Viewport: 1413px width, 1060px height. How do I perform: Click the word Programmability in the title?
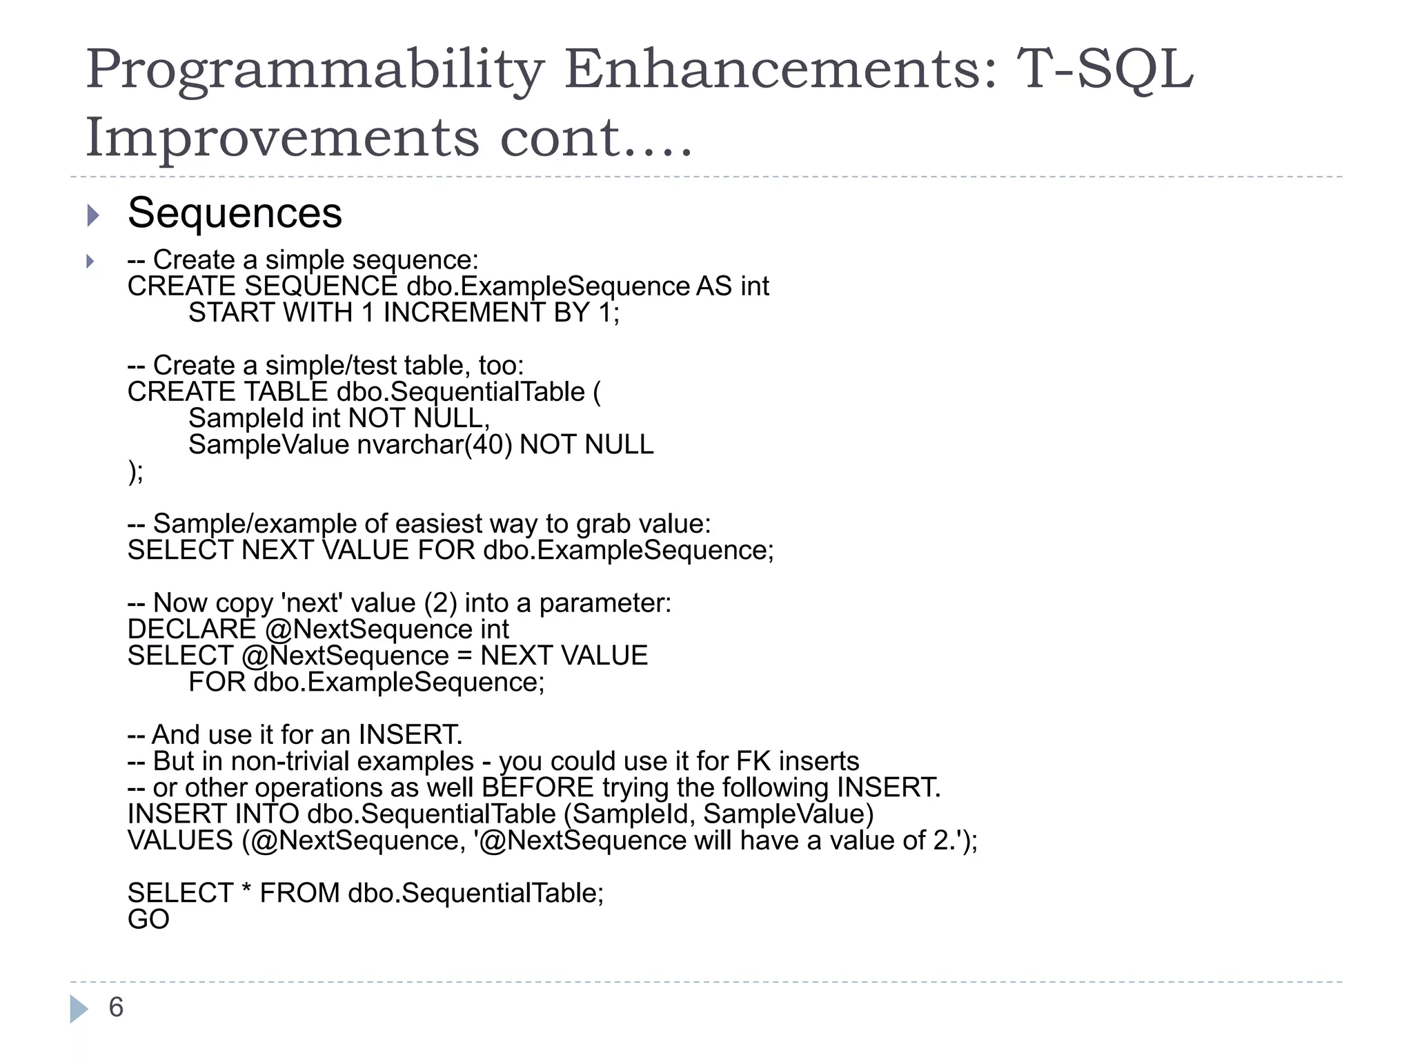pos(315,70)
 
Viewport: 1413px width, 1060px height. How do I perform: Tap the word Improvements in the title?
pos(282,137)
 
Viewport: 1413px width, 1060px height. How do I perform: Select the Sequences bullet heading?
pos(235,213)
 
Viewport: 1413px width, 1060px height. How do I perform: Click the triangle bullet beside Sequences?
pos(94,215)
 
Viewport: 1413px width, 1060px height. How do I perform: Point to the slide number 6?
pos(116,1008)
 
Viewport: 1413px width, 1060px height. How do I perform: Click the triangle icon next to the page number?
pos(79,1009)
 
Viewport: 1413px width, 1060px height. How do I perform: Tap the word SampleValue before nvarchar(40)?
pos(268,445)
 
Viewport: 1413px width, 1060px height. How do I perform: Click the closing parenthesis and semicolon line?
pos(136,472)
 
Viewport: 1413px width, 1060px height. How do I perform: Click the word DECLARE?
pos(192,629)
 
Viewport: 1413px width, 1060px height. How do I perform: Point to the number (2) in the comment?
pos(440,603)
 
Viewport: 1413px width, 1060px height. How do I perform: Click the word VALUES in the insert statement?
pos(180,841)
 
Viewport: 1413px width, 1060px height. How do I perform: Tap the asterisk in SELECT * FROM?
pos(246,892)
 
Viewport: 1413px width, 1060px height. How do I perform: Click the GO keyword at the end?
pos(148,919)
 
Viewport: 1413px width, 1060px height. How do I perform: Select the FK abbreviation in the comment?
pos(753,761)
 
